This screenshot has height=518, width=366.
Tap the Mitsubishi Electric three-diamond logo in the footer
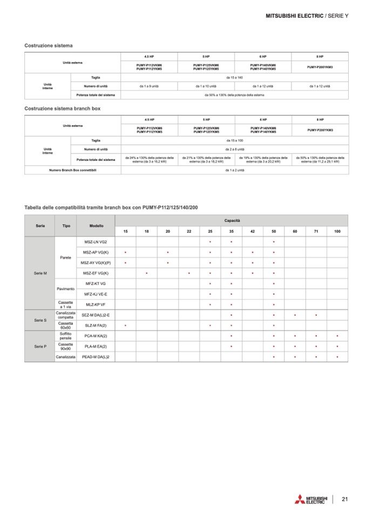click(x=300, y=499)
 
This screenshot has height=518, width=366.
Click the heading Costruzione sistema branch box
click(x=63, y=109)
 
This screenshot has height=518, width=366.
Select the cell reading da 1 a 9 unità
click(x=148, y=86)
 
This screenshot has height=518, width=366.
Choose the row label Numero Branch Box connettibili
click(x=73, y=170)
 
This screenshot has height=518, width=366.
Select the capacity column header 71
click(x=316, y=231)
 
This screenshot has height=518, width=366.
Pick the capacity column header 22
click(x=189, y=231)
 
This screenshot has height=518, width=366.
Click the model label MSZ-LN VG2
click(x=96, y=241)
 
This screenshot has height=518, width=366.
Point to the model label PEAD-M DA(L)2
click(x=96, y=357)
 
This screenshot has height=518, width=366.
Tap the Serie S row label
click(x=40, y=320)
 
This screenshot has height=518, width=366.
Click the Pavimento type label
click(x=65, y=289)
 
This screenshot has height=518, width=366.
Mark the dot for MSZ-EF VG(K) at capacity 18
click(x=147, y=273)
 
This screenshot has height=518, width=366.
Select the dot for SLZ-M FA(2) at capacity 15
click(x=125, y=326)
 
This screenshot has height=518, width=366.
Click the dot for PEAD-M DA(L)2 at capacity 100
click(x=337, y=357)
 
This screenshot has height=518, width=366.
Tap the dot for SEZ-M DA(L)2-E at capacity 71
click(x=316, y=315)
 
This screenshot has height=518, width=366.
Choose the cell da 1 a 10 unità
click(x=206, y=86)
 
